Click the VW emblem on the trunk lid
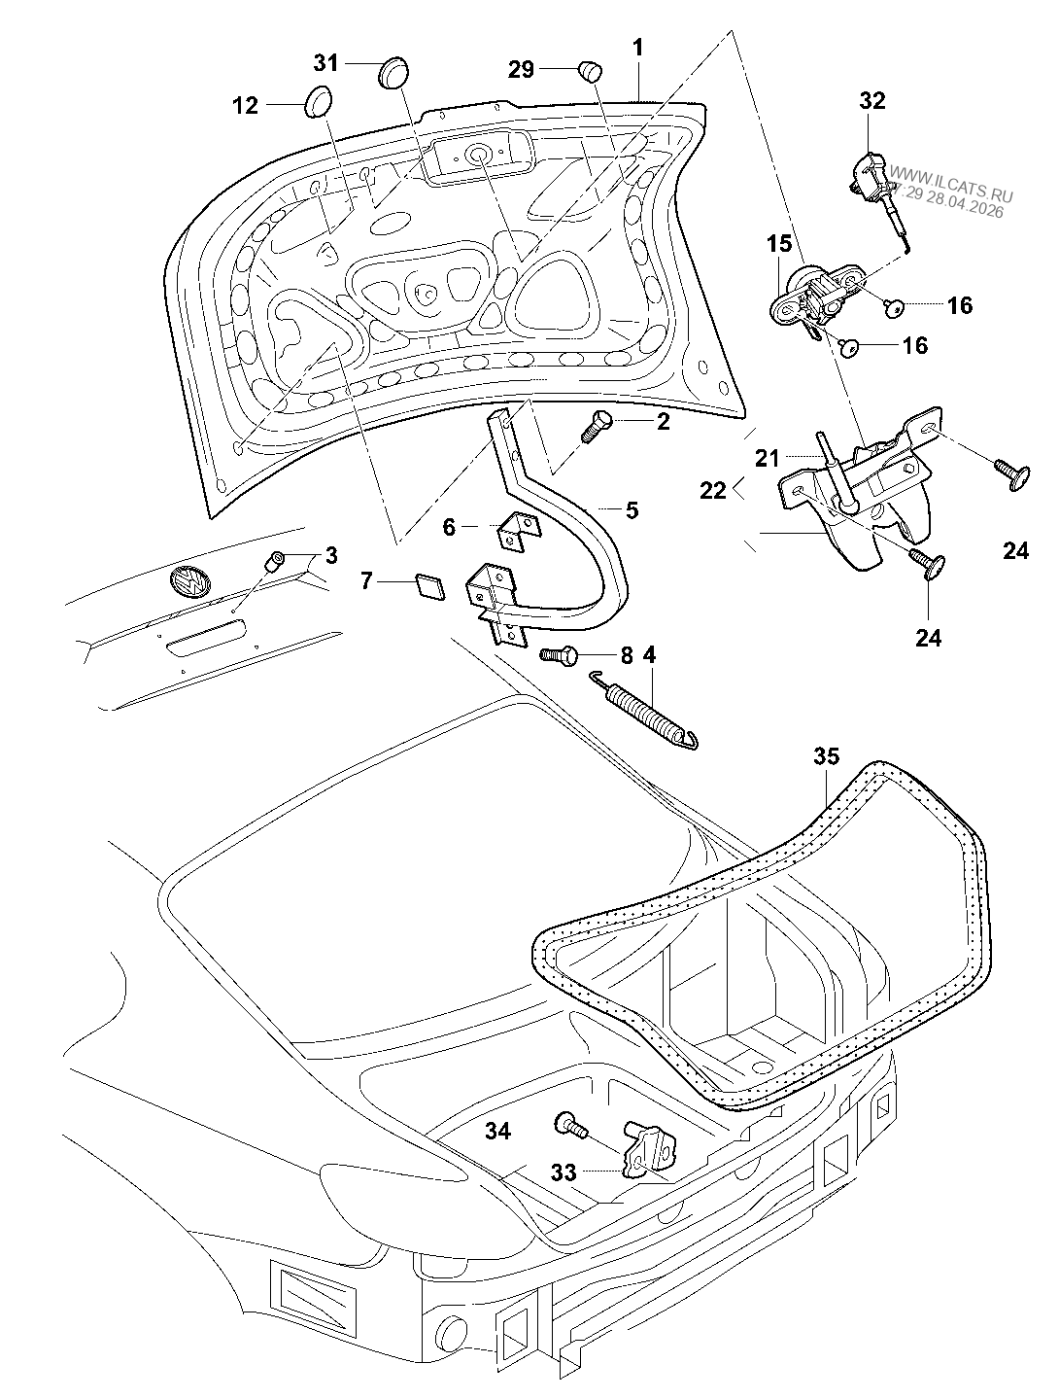[x=189, y=582]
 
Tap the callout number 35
[x=826, y=756]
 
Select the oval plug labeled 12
[x=318, y=101]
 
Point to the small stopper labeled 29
[x=591, y=70]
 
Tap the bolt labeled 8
[x=559, y=654]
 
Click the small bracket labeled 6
[x=519, y=531]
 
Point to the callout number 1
[x=637, y=48]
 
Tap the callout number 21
[x=768, y=458]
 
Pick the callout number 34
[x=498, y=1131]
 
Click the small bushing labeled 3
[x=273, y=562]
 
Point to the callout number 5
[x=632, y=509]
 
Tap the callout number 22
[x=712, y=490]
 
